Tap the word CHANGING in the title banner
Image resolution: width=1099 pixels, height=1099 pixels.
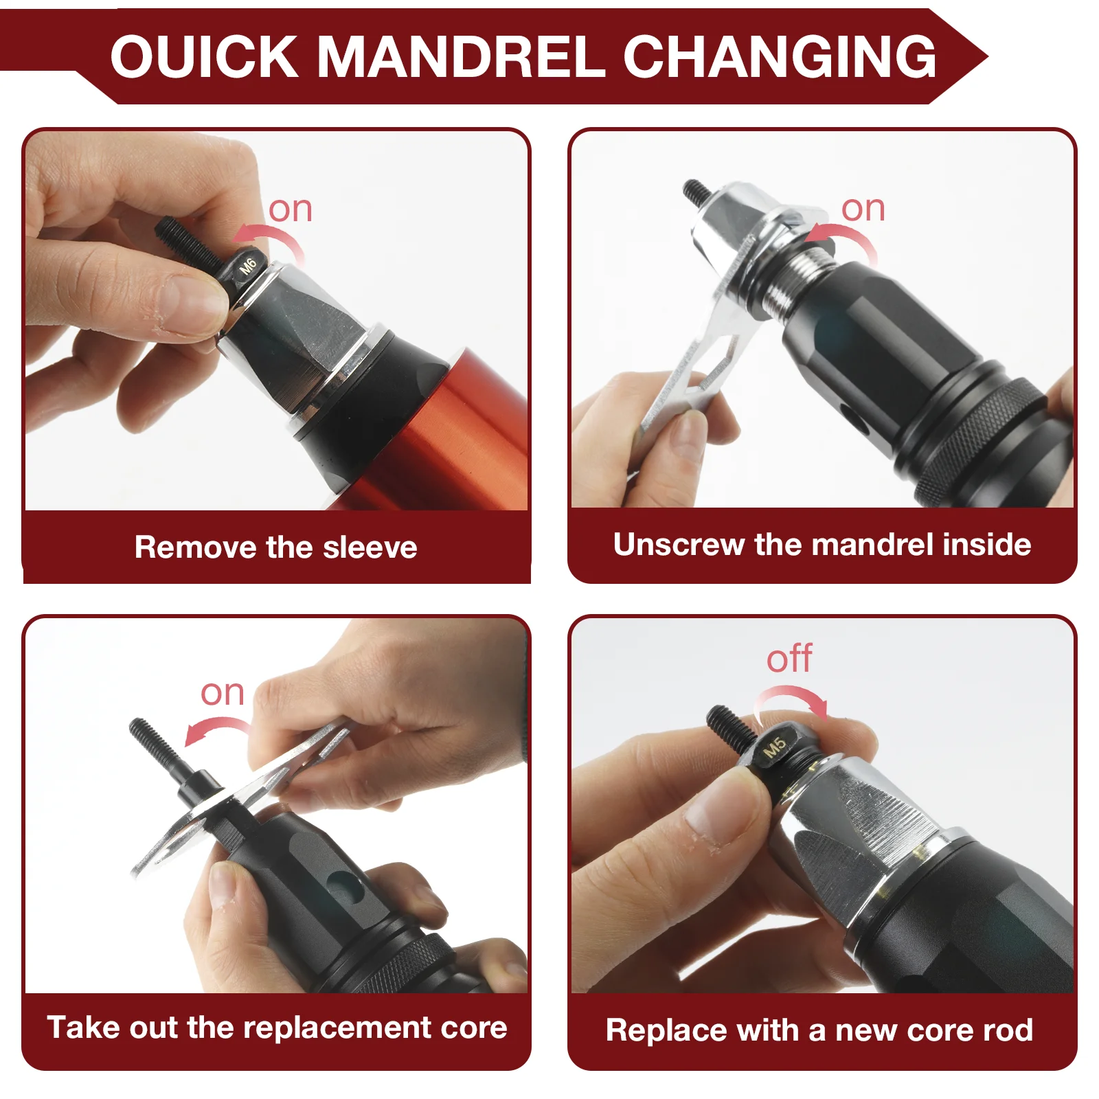coord(780,56)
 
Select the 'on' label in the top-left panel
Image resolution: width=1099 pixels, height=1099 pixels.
coord(290,209)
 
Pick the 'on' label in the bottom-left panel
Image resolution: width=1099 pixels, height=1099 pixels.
coord(222,692)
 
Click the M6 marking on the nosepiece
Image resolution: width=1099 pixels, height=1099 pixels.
coord(247,266)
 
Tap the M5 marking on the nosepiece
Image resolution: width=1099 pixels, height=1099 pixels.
coord(774,747)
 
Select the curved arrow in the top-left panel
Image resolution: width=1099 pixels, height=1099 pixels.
coord(271,240)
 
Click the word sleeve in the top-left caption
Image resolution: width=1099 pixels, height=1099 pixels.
coord(370,547)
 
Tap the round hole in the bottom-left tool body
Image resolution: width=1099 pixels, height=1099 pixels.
coord(343,887)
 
